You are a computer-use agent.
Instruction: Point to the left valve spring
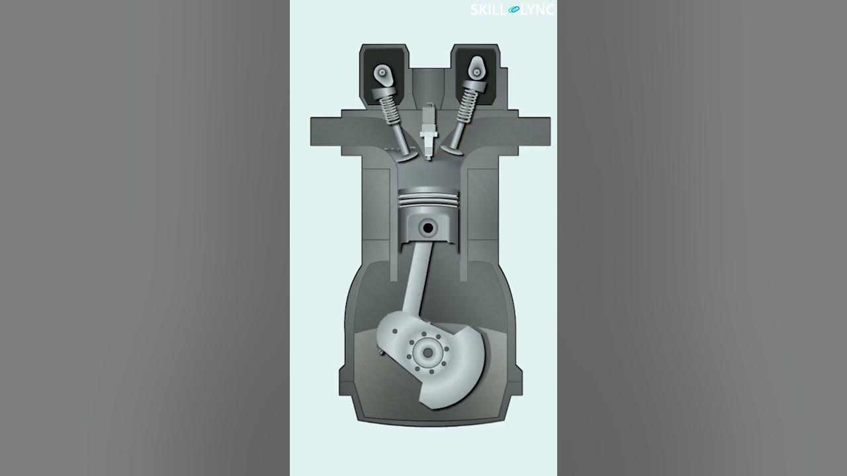390,106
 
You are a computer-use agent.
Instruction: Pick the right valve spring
467,104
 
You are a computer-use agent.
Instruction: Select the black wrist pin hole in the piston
428,228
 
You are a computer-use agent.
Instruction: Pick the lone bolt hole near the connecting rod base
395,331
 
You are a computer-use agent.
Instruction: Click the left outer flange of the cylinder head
331,130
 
